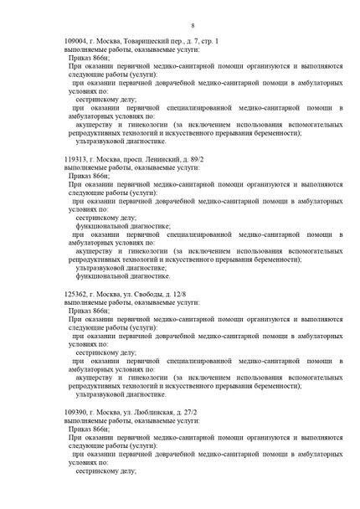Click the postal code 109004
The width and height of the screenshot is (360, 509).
(77, 41)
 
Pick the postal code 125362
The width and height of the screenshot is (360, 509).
(77, 294)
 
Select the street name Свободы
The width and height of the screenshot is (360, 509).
(153, 294)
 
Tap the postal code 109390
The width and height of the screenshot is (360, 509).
(77, 412)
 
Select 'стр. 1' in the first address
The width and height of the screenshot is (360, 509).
(209, 41)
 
